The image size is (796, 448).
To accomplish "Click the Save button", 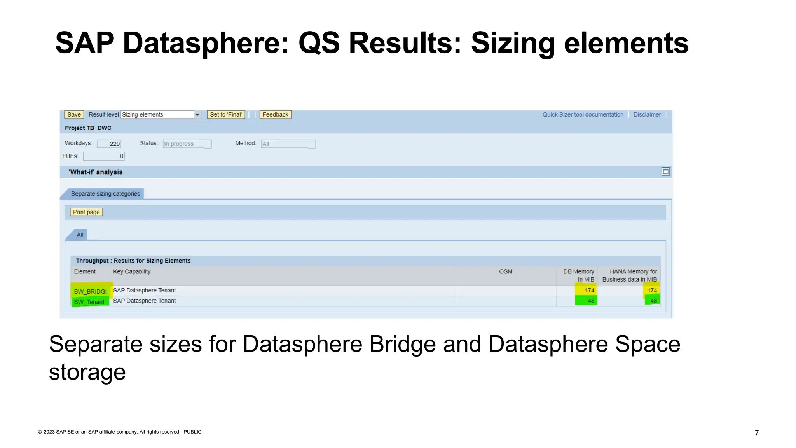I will [74, 115].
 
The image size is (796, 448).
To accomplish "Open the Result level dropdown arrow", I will [197, 115].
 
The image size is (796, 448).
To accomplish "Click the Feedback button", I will [275, 115].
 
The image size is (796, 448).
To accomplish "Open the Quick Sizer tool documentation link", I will [583, 115].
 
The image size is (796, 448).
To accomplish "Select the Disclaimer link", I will [647, 115].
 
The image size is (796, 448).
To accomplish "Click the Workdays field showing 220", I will [109, 144].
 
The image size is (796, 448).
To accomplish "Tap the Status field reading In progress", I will [187, 144].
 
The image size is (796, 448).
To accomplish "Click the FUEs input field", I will [104, 156].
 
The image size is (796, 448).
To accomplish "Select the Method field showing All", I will [288, 144].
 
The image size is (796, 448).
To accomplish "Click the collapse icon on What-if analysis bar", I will [665, 171].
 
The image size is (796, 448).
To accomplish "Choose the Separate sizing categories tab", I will [105, 194].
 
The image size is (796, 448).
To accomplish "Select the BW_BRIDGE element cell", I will [90, 291].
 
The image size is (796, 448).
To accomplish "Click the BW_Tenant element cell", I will [89, 302].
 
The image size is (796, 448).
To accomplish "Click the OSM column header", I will [506, 271].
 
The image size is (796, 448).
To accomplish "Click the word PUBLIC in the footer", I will [192, 432].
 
